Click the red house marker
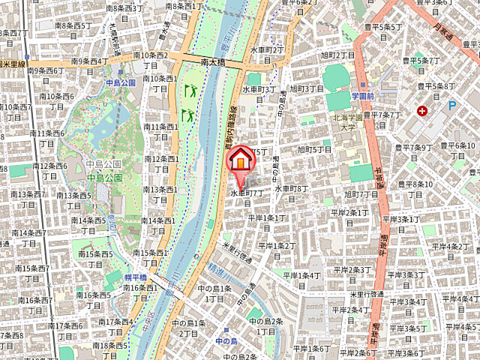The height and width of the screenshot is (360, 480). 241,160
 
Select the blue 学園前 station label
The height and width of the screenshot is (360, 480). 365,97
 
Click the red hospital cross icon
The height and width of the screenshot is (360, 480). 423,112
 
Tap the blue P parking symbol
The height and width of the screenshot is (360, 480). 452,106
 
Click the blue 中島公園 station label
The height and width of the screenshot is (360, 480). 119,82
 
